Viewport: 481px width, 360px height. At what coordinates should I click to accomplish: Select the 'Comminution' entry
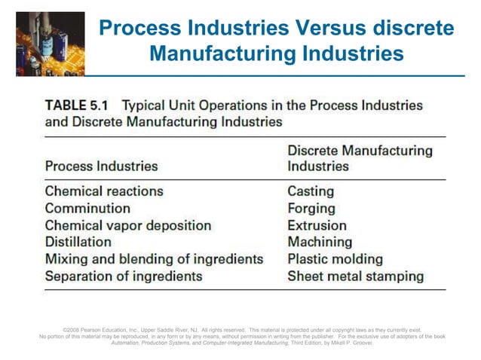[87, 208]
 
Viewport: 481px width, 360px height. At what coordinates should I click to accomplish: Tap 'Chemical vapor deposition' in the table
[128, 225]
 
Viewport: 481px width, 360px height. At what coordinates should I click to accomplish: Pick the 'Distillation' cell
[78, 242]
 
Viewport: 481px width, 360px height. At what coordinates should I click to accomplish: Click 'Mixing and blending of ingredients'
[154, 259]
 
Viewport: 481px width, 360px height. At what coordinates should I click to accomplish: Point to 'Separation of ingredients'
[124, 276]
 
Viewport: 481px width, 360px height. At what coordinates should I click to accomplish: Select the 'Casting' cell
[311, 191]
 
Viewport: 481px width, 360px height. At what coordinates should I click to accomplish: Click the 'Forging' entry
[311, 208]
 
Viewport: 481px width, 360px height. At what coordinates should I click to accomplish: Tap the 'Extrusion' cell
[317, 225]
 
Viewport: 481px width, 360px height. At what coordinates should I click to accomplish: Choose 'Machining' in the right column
[320, 242]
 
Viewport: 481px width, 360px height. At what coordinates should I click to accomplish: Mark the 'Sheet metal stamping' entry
[356, 276]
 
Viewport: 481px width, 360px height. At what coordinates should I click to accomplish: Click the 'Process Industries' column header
[102, 166]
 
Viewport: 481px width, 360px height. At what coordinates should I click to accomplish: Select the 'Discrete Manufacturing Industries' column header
[360, 158]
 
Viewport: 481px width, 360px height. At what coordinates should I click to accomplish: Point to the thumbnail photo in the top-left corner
[42, 38]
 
